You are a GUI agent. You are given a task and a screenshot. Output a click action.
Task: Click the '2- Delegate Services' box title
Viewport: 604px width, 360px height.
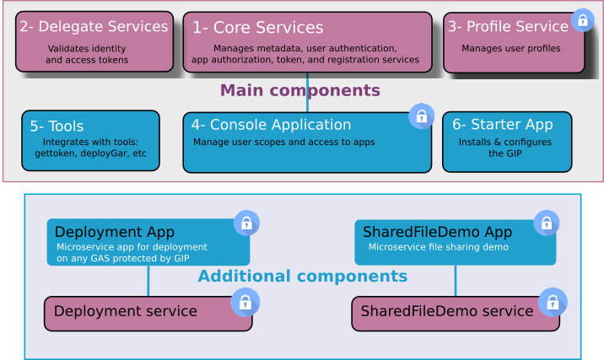pyautogui.click(x=94, y=27)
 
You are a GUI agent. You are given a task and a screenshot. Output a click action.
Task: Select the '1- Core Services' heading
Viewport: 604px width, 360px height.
pyautogui.click(x=257, y=28)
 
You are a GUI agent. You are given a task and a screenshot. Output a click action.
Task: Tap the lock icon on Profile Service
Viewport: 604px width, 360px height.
pyautogui.click(x=582, y=20)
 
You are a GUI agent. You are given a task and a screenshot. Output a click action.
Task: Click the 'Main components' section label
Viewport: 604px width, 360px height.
pyautogui.click(x=300, y=90)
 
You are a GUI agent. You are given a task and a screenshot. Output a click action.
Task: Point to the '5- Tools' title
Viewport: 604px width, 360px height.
pyautogui.click(x=57, y=126)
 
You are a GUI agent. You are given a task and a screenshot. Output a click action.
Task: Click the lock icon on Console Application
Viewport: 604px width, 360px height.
pyautogui.click(x=421, y=116)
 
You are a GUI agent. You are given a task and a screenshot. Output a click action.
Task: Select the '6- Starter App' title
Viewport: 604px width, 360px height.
pyautogui.click(x=502, y=125)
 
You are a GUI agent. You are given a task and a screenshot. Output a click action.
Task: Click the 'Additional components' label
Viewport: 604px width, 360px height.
pyautogui.click(x=302, y=277)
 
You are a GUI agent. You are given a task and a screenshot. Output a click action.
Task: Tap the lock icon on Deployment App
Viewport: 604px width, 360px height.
pyautogui.click(x=246, y=223)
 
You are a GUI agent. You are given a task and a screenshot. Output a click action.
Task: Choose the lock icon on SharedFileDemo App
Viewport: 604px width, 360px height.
pyautogui.click(x=547, y=223)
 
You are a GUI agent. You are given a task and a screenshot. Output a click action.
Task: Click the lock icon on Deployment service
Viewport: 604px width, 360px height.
pyautogui.click(x=245, y=302)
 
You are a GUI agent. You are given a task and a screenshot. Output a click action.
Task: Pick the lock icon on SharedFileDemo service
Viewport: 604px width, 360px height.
pyautogui.click(x=553, y=302)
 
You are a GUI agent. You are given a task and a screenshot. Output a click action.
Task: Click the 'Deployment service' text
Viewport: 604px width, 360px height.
pyautogui.click(x=125, y=312)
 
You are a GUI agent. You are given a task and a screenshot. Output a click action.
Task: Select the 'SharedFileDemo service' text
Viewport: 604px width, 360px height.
pyautogui.click(x=447, y=312)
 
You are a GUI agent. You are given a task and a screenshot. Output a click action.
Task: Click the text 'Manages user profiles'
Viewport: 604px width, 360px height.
pyautogui.click(x=510, y=49)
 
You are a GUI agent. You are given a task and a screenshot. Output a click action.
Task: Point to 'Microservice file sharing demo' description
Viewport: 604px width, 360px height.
pyautogui.click(x=438, y=247)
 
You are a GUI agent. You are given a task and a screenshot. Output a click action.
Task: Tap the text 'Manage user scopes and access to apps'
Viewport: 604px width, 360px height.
pyautogui.click(x=283, y=142)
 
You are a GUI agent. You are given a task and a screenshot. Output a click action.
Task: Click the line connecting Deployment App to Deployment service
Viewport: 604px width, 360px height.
pyautogui.click(x=148, y=282)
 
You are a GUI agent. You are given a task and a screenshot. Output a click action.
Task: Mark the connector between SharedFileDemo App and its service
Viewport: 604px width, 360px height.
pyautogui.click(x=456, y=282)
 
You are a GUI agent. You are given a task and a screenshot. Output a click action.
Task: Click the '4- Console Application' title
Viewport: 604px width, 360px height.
pyautogui.click(x=271, y=125)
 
